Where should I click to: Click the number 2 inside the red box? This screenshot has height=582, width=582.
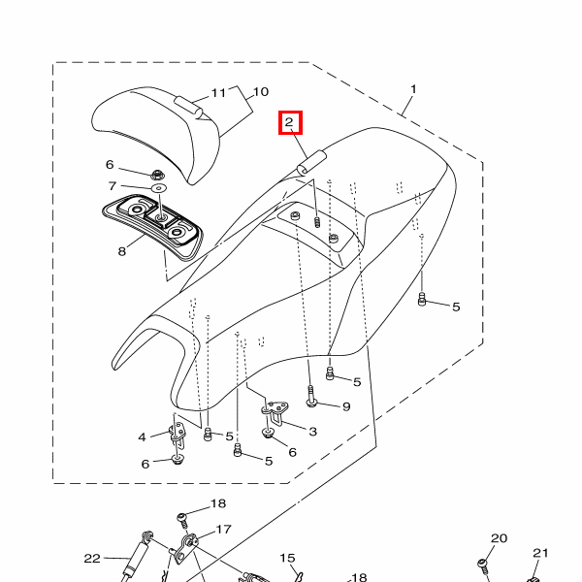point(290,123)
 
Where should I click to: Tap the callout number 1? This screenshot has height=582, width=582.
point(413,90)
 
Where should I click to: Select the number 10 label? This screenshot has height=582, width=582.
point(260,93)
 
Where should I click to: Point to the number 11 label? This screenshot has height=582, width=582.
point(218,93)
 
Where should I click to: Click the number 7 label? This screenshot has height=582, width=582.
point(113,185)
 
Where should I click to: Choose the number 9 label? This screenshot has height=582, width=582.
point(345,405)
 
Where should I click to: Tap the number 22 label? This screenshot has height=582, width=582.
point(92,558)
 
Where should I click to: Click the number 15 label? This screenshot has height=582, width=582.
point(287,558)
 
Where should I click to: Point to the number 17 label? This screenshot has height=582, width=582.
point(223,530)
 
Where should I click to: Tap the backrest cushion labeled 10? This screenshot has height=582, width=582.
point(155,131)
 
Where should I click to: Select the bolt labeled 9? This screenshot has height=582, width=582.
point(311,396)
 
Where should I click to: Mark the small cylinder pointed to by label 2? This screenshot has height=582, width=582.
point(312,162)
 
